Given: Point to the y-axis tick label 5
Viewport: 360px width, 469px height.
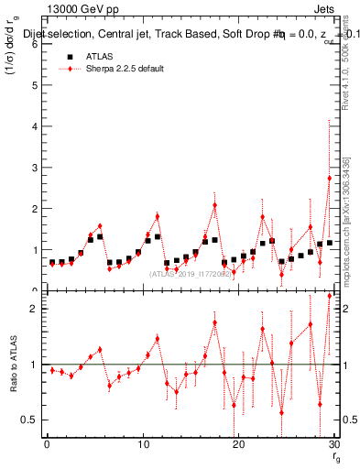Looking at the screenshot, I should coord(35,85).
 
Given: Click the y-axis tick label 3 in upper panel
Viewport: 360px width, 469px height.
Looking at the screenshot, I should coord(35,168).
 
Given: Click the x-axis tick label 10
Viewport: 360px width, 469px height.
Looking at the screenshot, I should coord(142,445).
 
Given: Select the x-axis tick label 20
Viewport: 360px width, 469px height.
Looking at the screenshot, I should coord(238,445).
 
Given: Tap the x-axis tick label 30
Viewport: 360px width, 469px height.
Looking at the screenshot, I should coord(333,445).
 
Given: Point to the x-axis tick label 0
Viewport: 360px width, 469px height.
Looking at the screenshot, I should coord(47,445).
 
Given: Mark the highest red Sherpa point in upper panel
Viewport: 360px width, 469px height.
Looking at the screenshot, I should coord(329,178).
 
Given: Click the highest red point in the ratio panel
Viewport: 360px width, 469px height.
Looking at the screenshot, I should coord(329,296).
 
